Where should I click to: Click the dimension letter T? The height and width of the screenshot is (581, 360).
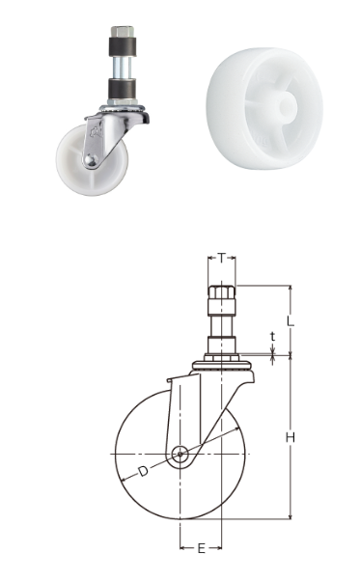[x=221, y=257]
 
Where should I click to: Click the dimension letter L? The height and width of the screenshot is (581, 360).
[x=291, y=320]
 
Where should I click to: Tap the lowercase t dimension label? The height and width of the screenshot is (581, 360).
[x=273, y=337]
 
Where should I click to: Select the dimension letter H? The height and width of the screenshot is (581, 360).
[x=291, y=437]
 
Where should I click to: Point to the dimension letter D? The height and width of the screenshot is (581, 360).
[x=143, y=471]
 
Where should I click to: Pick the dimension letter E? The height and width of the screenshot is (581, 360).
[x=201, y=548]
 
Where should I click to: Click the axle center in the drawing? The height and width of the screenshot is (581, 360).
[x=180, y=454]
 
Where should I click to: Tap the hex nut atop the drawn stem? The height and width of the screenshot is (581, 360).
[x=221, y=292]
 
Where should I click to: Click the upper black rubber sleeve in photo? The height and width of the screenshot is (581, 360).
[x=122, y=46]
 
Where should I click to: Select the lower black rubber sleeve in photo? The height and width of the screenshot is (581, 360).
[x=122, y=88]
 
